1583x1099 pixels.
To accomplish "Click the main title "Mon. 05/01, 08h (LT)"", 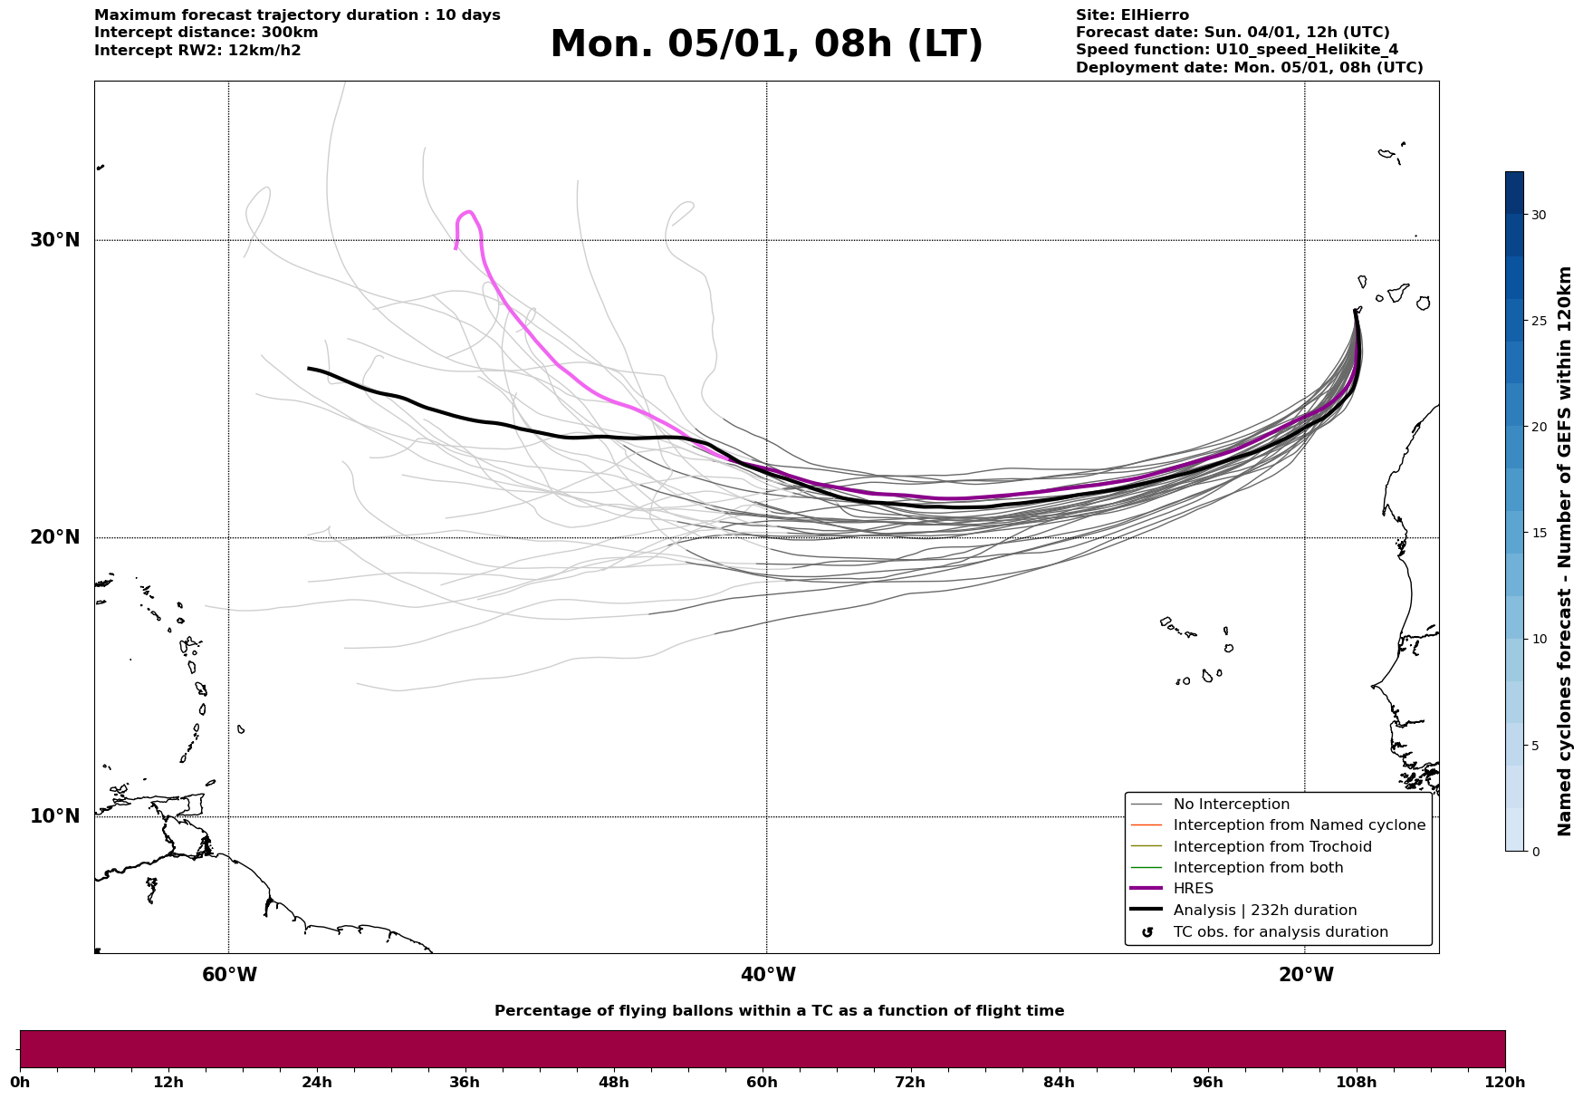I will (766, 44).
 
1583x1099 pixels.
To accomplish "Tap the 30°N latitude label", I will (54, 240).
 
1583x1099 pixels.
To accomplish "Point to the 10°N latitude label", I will (54, 816).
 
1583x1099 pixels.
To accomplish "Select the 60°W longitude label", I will (229, 975).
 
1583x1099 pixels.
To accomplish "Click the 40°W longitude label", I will (768, 975).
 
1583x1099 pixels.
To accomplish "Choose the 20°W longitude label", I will (1306, 975).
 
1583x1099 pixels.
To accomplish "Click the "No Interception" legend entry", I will (1231, 805).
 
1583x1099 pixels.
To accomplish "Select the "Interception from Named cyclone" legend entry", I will (1299, 825).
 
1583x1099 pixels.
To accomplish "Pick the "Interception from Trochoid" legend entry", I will (1271, 847).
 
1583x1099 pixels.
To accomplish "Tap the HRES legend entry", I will (1193, 889).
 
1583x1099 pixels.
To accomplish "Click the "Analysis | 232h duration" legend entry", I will (1264, 911).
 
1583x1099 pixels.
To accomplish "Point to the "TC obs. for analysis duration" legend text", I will (1280, 932).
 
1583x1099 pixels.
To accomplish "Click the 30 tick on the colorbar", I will (1538, 215).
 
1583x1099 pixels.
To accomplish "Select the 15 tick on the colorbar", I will (1538, 533).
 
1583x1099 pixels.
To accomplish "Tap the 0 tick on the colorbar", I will (1535, 852).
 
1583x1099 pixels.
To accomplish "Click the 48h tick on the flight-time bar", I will (613, 1082).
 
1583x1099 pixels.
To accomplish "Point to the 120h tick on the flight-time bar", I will (1505, 1082).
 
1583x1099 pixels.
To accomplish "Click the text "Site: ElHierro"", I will (1132, 15).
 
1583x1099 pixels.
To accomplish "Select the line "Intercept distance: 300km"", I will (206, 33).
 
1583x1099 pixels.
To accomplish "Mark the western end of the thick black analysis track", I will (310, 368).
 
